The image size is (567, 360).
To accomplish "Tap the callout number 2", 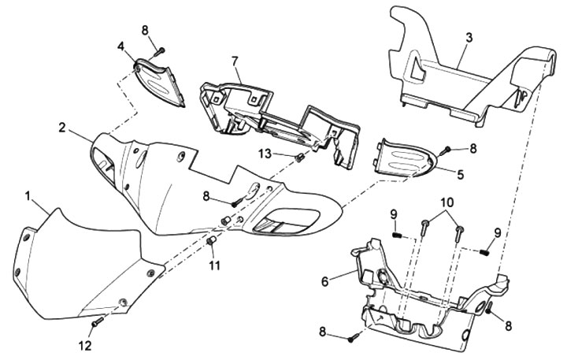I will point(61,125).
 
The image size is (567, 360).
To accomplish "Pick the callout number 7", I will point(235,61).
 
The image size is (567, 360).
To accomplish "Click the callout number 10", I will point(447,202).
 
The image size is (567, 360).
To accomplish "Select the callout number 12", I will point(86,345).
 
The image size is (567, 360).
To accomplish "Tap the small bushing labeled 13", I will point(300,158).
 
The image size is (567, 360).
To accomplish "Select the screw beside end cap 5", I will point(447,148).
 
